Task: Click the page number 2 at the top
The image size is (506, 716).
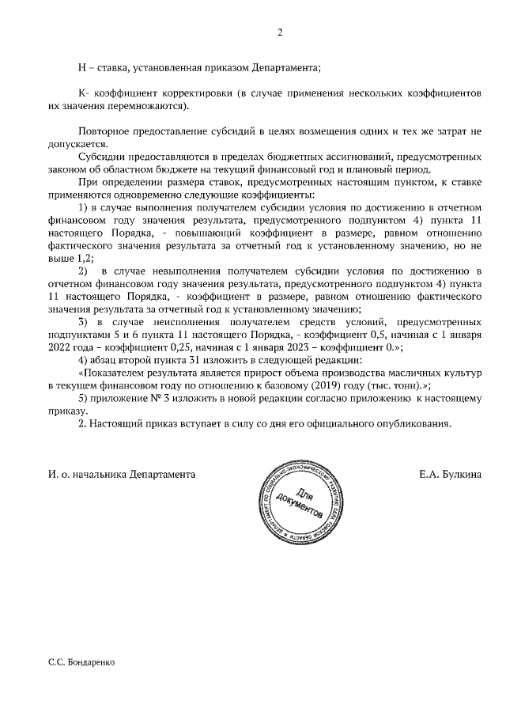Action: tap(279, 32)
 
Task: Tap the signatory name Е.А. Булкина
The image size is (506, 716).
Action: tap(451, 475)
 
